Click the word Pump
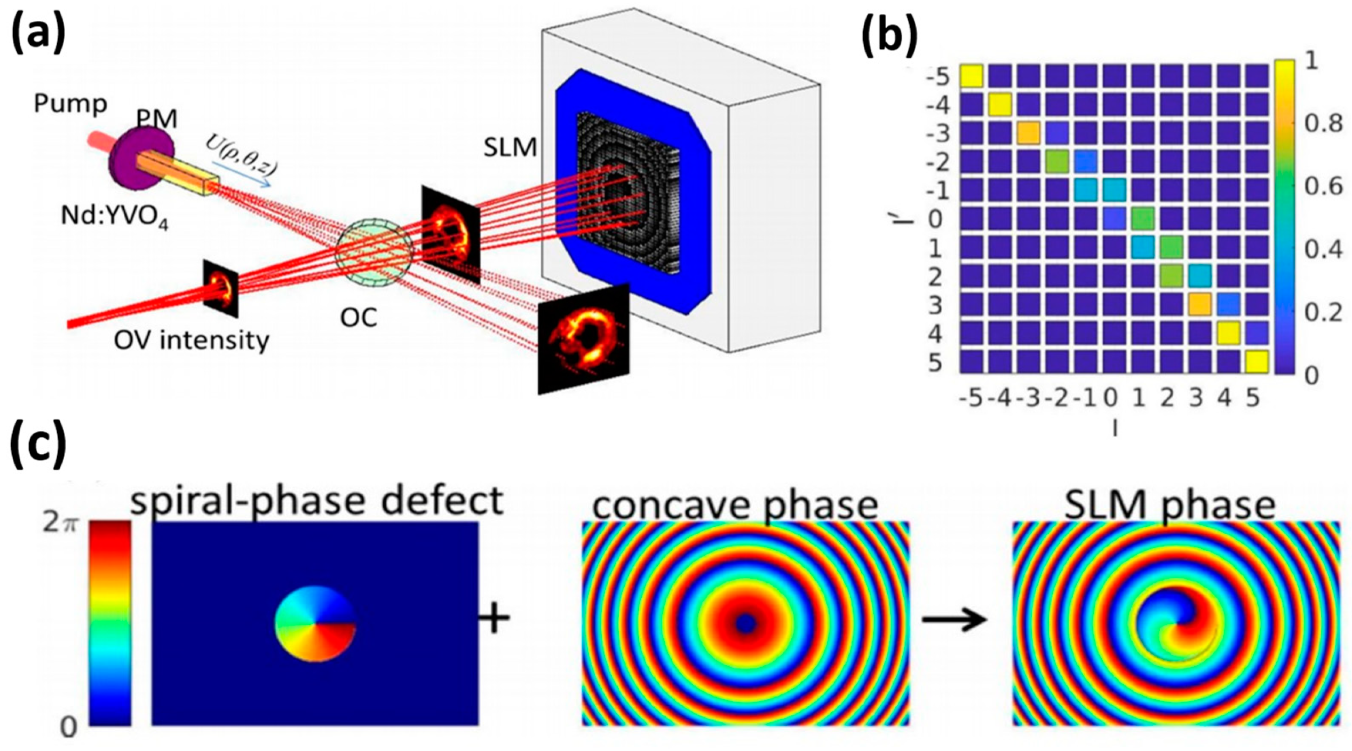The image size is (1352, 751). tap(70, 104)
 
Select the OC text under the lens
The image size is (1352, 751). tap(359, 318)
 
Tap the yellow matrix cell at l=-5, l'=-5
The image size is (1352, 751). tap(972, 76)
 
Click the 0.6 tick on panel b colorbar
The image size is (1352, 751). tap(1323, 187)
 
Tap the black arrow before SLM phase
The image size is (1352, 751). tap(955, 620)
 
